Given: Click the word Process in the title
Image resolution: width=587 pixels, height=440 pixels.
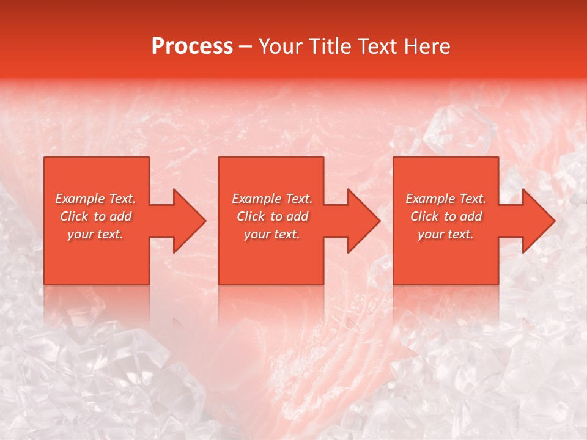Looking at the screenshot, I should click(192, 46).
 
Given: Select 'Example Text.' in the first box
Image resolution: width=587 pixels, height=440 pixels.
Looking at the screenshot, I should click(95, 199).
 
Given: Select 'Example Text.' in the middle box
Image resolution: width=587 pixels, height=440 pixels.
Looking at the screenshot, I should click(272, 199).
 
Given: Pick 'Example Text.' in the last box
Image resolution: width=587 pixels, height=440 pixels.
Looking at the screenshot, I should click(446, 199).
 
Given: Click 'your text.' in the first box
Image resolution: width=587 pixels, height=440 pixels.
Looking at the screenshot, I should click(95, 234).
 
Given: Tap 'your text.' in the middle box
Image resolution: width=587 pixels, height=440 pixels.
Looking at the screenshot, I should click(272, 234).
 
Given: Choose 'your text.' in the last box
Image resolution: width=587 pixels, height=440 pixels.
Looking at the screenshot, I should click(446, 234).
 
